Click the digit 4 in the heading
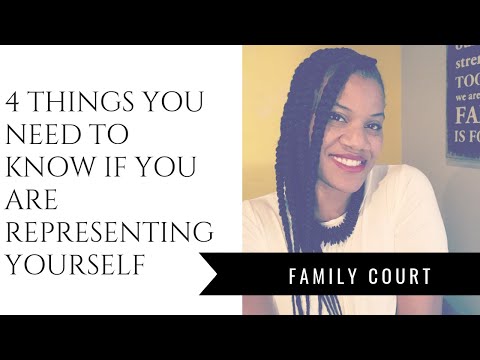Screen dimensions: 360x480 click(18, 102)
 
